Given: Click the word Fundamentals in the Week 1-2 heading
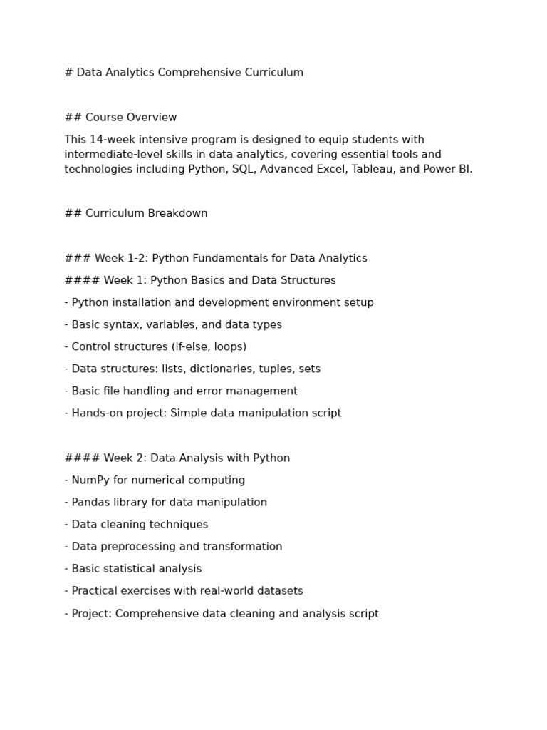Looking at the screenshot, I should (x=229, y=258).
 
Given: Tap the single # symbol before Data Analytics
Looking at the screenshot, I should (x=68, y=73).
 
